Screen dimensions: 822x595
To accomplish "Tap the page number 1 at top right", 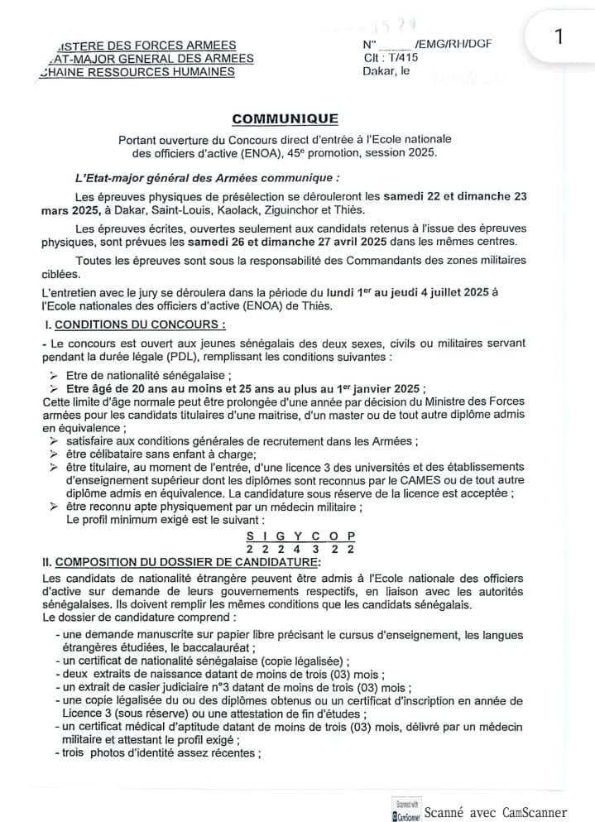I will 559,37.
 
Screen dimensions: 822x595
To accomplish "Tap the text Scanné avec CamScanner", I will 507,811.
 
